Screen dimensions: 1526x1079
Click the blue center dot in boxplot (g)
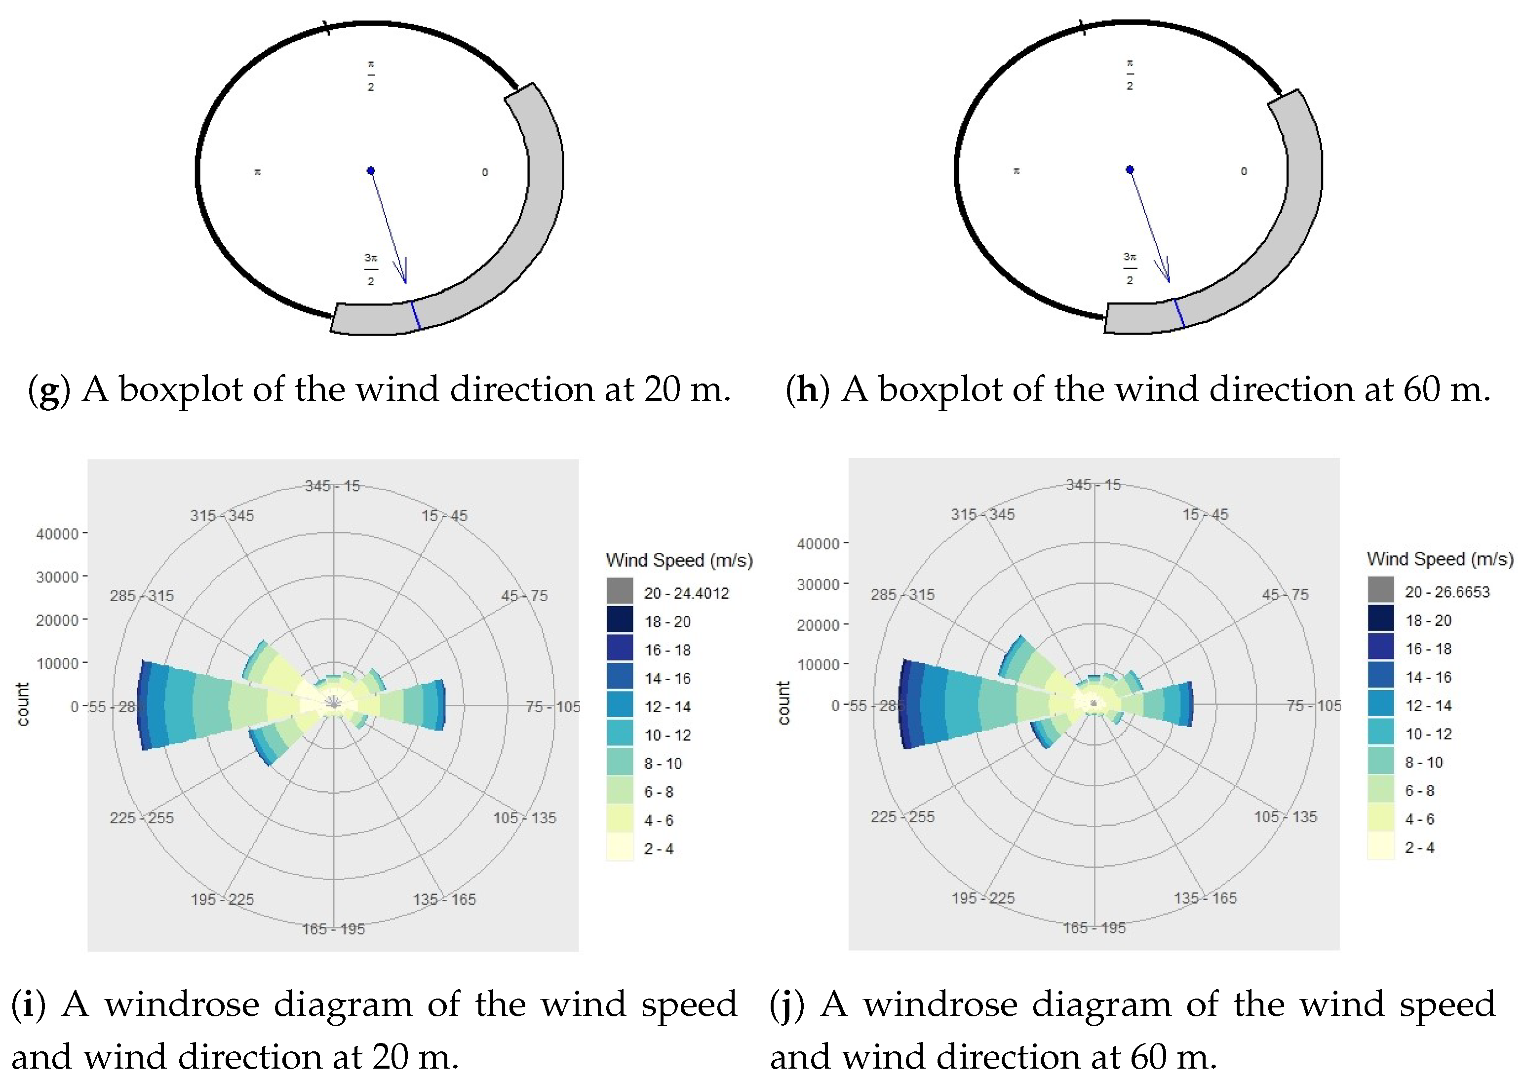click(x=371, y=171)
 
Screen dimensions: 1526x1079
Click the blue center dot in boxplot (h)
click(x=1129, y=169)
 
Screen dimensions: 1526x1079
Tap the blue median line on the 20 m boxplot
click(x=415, y=315)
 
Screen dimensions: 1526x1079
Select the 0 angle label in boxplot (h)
click(x=1244, y=171)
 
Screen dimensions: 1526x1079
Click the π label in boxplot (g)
click(x=257, y=173)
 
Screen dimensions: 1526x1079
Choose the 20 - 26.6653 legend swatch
click(x=1380, y=589)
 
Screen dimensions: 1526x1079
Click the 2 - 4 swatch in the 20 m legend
click(x=620, y=847)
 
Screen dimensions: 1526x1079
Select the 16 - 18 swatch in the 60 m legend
click(x=1380, y=647)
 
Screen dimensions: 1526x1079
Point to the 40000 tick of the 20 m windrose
click(x=58, y=534)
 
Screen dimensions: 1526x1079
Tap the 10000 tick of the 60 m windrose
click(x=818, y=664)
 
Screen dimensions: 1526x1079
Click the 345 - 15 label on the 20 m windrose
click(x=333, y=486)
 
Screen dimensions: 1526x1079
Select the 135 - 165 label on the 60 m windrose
click(x=1205, y=898)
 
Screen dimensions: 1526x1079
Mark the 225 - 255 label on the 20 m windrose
click(x=142, y=818)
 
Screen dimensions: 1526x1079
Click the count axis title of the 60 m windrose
click(x=783, y=703)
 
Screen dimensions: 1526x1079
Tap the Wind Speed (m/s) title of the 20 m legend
click(x=679, y=560)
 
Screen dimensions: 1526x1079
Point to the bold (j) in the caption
click(x=787, y=1004)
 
